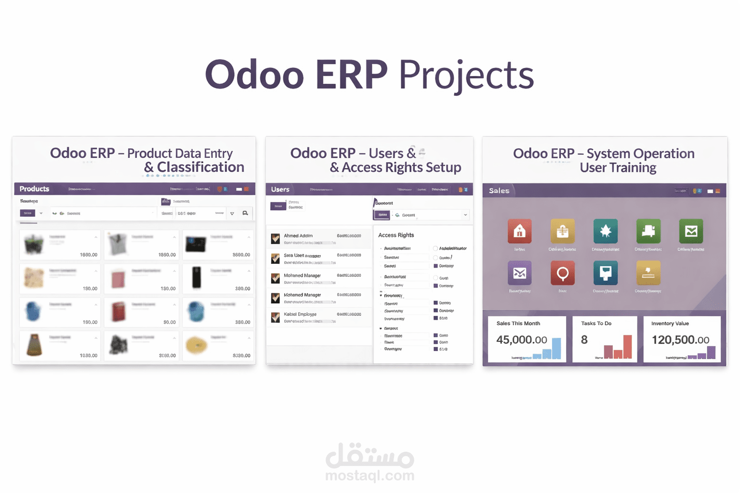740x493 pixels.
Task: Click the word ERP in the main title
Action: pyautogui.click(x=351, y=75)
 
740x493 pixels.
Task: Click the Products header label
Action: pyautogui.click(x=34, y=189)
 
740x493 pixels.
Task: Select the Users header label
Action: pyautogui.click(x=280, y=189)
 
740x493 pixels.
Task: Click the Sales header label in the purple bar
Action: pyautogui.click(x=499, y=191)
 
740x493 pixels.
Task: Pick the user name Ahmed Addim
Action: pyautogui.click(x=298, y=236)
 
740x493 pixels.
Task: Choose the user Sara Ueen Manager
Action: pyautogui.click(x=302, y=256)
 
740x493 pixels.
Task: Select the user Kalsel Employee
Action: pyautogui.click(x=300, y=314)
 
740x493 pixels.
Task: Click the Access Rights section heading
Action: pyautogui.click(x=396, y=235)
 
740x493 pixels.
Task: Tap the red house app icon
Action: pyautogui.click(x=519, y=231)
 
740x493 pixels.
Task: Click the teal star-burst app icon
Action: pyautogui.click(x=605, y=231)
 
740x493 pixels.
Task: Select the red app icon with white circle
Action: pyautogui.click(x=562, y=273)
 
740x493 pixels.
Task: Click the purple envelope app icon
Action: pyautogui.click(x=519, y=273)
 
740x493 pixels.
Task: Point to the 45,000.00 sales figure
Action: pyautogui.click(x=522, y=340)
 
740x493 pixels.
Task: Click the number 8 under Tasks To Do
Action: pyautogui.click(x=584, y=340)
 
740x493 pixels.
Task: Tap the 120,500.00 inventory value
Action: pyautogui.click(x=680, y=340)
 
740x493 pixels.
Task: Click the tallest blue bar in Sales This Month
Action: pyautogui.click(x=556, y=348)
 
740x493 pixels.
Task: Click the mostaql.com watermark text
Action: pyautogui.click(x=370, y=476)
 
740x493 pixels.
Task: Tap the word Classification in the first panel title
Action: pyautogui.click(x=200, y=167)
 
